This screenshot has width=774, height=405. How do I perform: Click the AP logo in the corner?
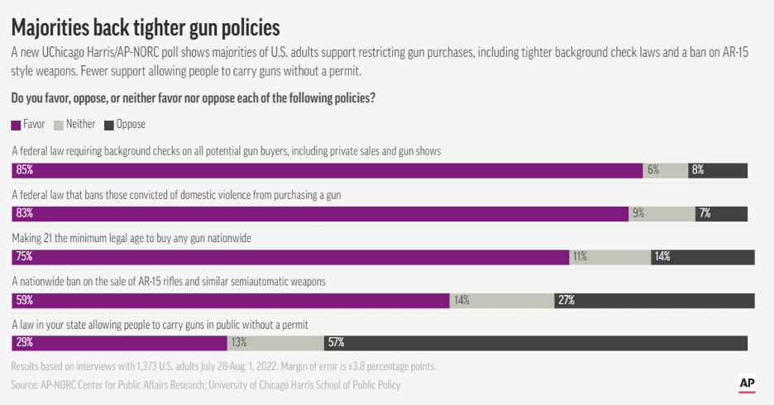(748, 384)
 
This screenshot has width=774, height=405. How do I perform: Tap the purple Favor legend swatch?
(17, 125)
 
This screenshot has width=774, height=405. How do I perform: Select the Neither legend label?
(80, 125)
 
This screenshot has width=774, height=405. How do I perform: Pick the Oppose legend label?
(131, 125)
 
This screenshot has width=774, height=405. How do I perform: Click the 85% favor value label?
(24, 170)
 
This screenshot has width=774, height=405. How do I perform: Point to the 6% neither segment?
(665, 170)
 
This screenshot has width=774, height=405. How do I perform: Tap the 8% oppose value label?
(698, 170)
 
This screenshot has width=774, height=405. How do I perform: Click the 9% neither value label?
(638, 213)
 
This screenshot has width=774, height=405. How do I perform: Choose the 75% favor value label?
(24, 256)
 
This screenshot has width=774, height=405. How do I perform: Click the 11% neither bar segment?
(609, 256)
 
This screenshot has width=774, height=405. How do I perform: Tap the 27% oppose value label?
(566, 299)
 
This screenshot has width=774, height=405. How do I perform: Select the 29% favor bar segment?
(119, 342)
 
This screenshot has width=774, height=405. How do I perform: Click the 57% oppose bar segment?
(537, 342)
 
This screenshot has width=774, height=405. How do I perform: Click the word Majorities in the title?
(54, 28)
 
